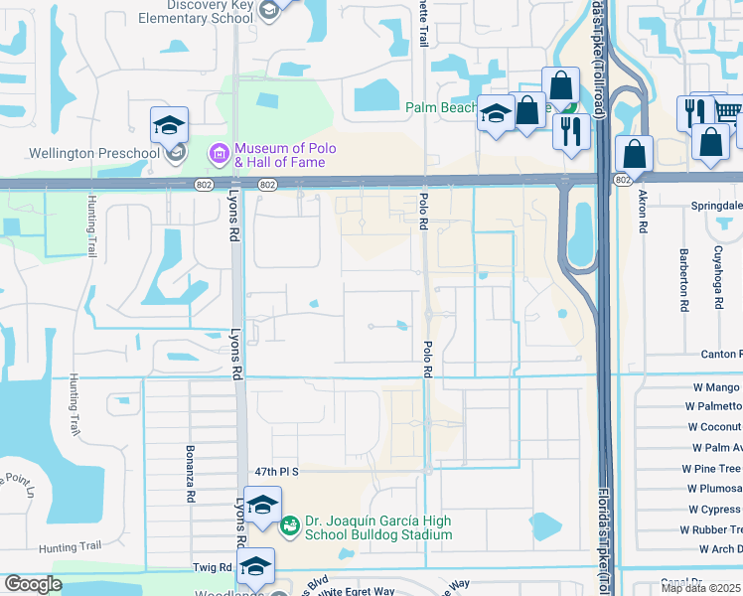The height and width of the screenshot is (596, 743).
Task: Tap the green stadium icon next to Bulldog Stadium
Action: tap(289, 524)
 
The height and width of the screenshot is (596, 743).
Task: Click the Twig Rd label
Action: tap(212, 567)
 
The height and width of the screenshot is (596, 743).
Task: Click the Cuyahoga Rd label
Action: tap(718, 277)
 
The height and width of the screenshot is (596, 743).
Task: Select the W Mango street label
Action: tap(716, 386)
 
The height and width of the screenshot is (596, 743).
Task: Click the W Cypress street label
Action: tap(714, 510)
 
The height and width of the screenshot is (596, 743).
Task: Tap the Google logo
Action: tap(33, 584)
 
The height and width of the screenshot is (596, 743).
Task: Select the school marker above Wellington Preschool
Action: tap(170, 126)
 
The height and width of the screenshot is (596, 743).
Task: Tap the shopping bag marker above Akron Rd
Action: tap(635, 154)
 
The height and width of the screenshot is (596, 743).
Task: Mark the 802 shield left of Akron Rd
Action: tap(622, 180)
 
